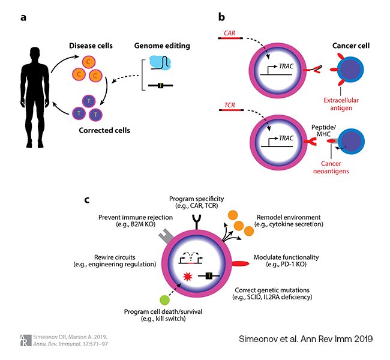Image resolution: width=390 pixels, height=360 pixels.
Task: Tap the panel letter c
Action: pyautogui.click(x=88, y=199)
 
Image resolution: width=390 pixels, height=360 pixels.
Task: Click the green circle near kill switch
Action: pyautogui.click(x=163, y=301)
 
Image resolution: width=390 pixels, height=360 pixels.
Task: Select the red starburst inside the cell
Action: pyautogui.click(x=187, y=278)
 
